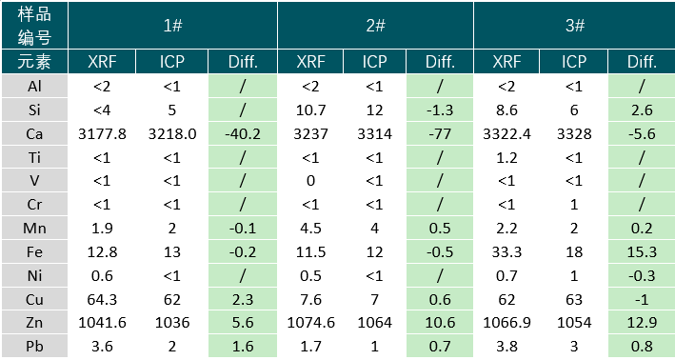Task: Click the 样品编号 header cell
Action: point(34,25)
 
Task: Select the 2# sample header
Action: point(375,25)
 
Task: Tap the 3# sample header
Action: point(575,25)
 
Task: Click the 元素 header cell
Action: point(34,62)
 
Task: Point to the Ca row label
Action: point(34,134)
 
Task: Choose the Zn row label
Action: point(34,323)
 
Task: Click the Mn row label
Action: point(34,228)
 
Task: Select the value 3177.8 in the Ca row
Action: point(102,134)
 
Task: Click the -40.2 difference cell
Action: point(243,134)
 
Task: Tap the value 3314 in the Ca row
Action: point(374,134)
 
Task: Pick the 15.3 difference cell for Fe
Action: point(642,251)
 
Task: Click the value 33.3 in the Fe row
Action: point(506,251)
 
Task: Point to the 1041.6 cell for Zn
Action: point(102,323)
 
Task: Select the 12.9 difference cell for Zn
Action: point(642,323)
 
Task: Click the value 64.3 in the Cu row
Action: point(102,299)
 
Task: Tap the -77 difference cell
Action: point(440,134)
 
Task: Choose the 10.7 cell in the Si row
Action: point(310,110)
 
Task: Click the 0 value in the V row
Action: point(310,181)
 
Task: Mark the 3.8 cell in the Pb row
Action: point(506,347)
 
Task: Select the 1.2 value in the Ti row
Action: point(506,157)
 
